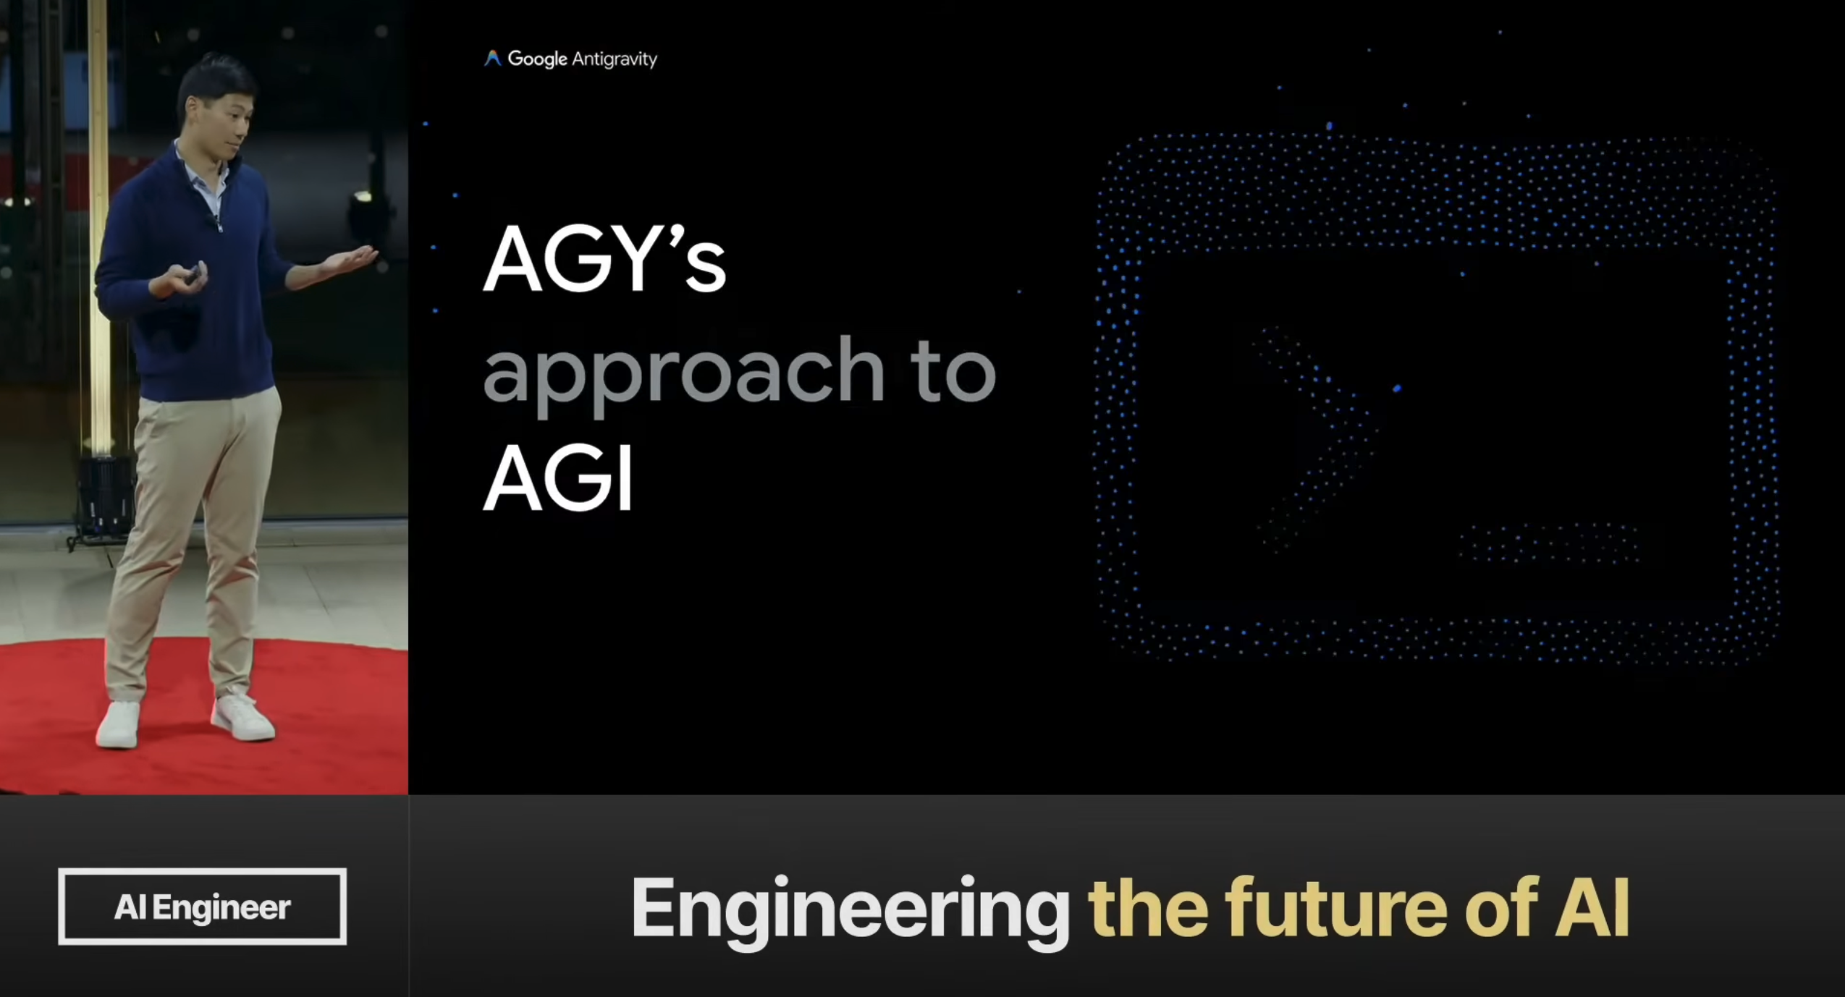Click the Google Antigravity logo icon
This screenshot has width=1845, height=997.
492,59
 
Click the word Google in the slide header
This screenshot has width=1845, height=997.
537,59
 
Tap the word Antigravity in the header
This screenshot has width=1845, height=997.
615,59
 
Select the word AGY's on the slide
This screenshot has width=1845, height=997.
604,258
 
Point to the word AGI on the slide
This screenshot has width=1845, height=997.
558,478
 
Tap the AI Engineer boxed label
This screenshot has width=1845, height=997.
202,907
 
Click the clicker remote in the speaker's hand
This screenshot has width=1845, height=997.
194,273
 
